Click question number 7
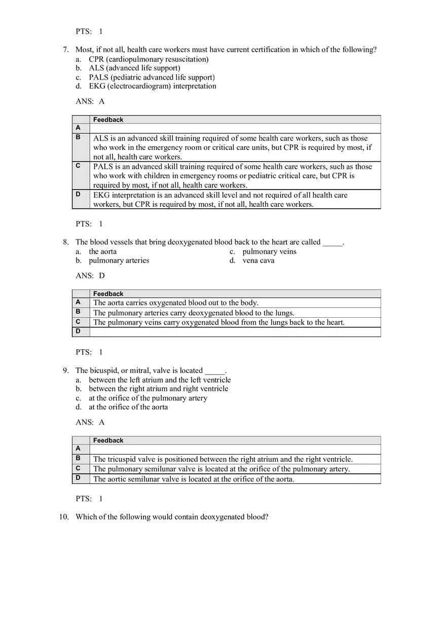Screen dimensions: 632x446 tap(65, 50)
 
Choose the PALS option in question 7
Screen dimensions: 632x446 tap(152, 78)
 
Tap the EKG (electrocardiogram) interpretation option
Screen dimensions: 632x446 tap(152, 86)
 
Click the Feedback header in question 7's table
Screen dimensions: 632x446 tap(108, 120)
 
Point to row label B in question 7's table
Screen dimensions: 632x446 tap(79, 137)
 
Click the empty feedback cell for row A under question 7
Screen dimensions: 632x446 tap(235, 128)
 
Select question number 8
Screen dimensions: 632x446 tap(65, 242)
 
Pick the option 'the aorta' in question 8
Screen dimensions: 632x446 tap(102, 251)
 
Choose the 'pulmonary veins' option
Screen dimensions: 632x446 tap(269, 251)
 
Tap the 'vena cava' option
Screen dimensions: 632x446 tap(258, 261)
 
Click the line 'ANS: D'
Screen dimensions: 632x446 tap(90, 276)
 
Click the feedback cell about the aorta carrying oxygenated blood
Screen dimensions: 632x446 tap(176, 303)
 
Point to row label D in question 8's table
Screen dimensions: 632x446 tap(79, 331)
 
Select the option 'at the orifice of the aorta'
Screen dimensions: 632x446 tap(128, 407)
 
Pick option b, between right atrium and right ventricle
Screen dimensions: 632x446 tap(158, 389)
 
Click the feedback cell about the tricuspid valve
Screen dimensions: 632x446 tap(223, 460)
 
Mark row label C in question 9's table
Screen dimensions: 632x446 tap(79, 468)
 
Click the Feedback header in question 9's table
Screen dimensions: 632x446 tap(108, 440)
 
